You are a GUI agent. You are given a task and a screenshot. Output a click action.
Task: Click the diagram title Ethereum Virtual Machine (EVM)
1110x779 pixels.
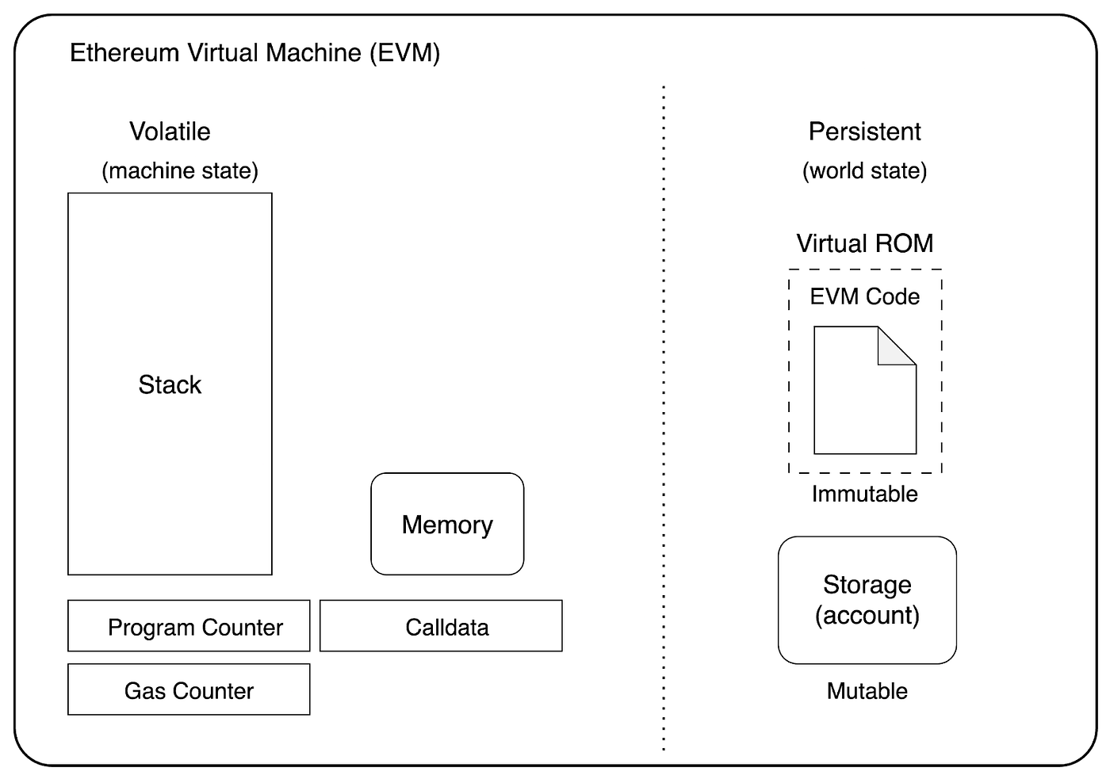[x=255, y=53]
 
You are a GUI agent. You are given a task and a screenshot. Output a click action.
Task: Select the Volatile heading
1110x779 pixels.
[x=170, y=132]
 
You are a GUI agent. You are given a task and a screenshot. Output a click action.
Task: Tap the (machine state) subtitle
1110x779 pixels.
[x=180, y=170]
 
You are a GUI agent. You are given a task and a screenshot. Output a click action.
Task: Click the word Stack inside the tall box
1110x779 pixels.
[x=170, y=385]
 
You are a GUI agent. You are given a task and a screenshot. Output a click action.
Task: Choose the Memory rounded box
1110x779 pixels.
[x=447, y=524]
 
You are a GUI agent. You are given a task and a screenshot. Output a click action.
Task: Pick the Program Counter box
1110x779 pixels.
[x=189, y=626]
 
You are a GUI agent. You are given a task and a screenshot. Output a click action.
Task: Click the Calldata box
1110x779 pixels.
[x=441, y=626]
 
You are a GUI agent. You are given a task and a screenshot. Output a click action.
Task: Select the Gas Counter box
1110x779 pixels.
[x=189, y=689]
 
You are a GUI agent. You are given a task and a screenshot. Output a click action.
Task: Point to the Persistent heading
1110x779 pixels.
[x=864, y=132]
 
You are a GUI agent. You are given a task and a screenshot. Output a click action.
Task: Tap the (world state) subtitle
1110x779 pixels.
[x=864, y=170]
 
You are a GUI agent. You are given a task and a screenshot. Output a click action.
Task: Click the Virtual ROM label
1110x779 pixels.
[x=864, y=243]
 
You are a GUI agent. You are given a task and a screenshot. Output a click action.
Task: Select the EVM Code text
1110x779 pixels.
[x=864, y=296]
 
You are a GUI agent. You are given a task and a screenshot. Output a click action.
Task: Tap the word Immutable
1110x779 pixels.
[x=864, y=494]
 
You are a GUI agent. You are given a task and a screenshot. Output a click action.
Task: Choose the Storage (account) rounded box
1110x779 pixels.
[x=867, y=600]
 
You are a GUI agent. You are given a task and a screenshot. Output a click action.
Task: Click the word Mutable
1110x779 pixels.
[x=867, y=691]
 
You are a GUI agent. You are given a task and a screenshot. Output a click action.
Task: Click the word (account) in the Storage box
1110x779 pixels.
[x=867, y=616]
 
